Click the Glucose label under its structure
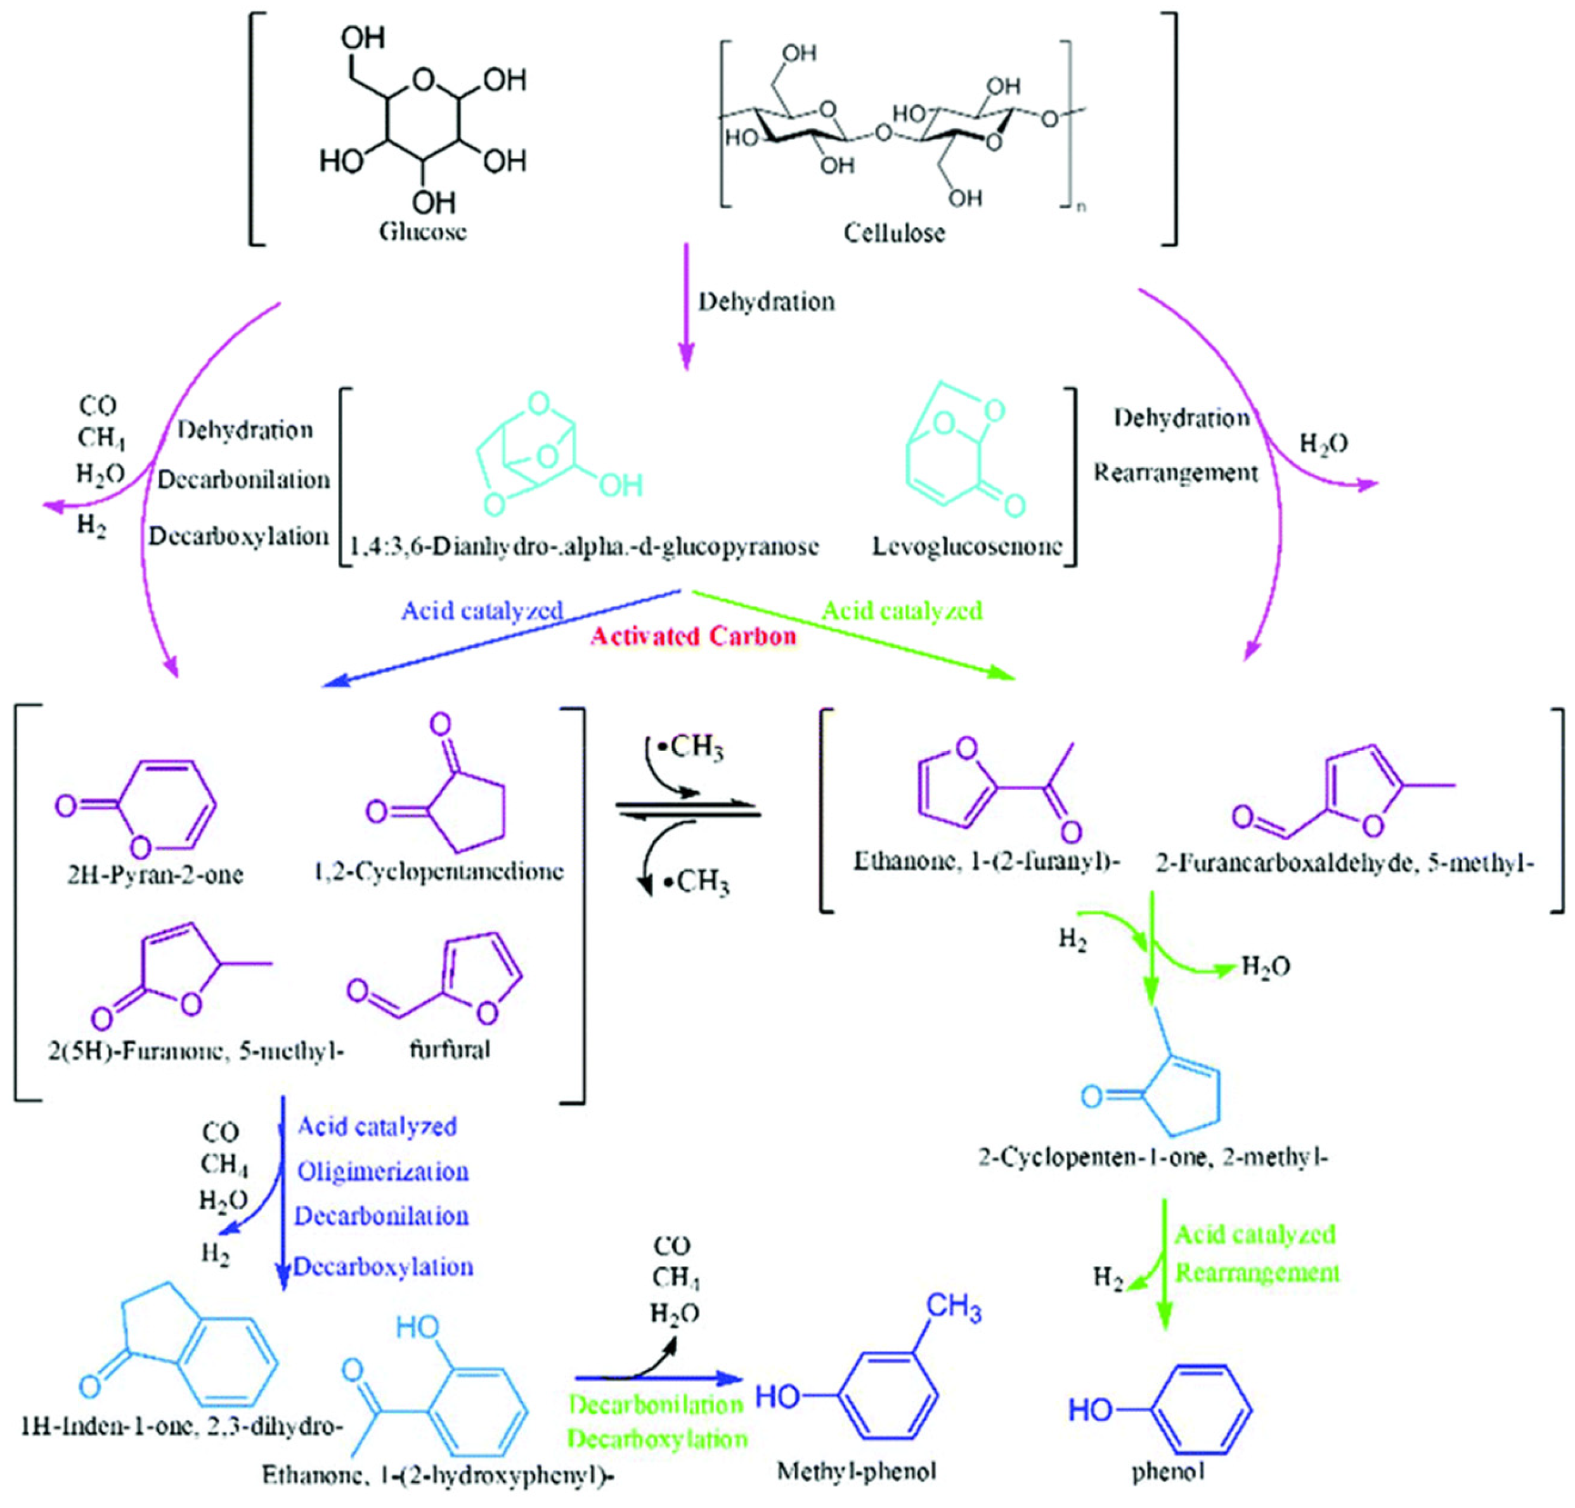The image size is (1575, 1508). coord(423,232)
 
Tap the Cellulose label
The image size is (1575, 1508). coord(893,233)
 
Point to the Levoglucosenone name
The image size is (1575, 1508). coord(968,546)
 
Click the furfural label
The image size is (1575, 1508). coord(450,1049)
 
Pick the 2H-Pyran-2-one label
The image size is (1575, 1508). coord(155,873)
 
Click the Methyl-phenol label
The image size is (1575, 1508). coord(857,1472)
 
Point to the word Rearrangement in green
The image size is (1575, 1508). coord(1257,1273)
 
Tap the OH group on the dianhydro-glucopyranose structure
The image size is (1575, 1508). coord(619,484)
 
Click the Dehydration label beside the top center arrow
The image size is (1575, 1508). coord(767,302)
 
